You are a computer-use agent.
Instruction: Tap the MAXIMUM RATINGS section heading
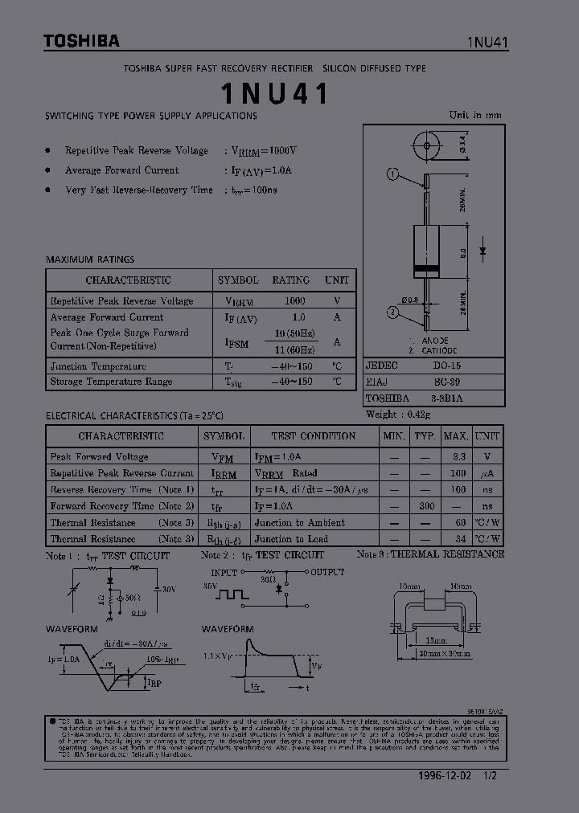pyautogui.click(x=90, y=259)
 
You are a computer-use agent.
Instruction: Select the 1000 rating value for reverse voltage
pyautogui.click(x=295, y=300)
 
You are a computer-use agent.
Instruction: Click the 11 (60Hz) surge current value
pyautogui.click(x=295, y=349)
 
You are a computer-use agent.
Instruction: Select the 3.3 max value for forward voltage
pyautogui.click(x=458, y=456)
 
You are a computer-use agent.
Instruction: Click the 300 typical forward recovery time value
pyautogui.click(x=427, y=506)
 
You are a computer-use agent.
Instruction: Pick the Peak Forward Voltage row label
pyautogui.click(x=99, y=456)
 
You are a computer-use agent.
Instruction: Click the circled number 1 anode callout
pyautogui.click(x=393, y=174)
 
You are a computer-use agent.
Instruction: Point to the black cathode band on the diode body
pyautogui.click(x=425, y=268)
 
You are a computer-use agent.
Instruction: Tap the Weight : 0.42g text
pyautogui.click(x=398, y=415)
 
